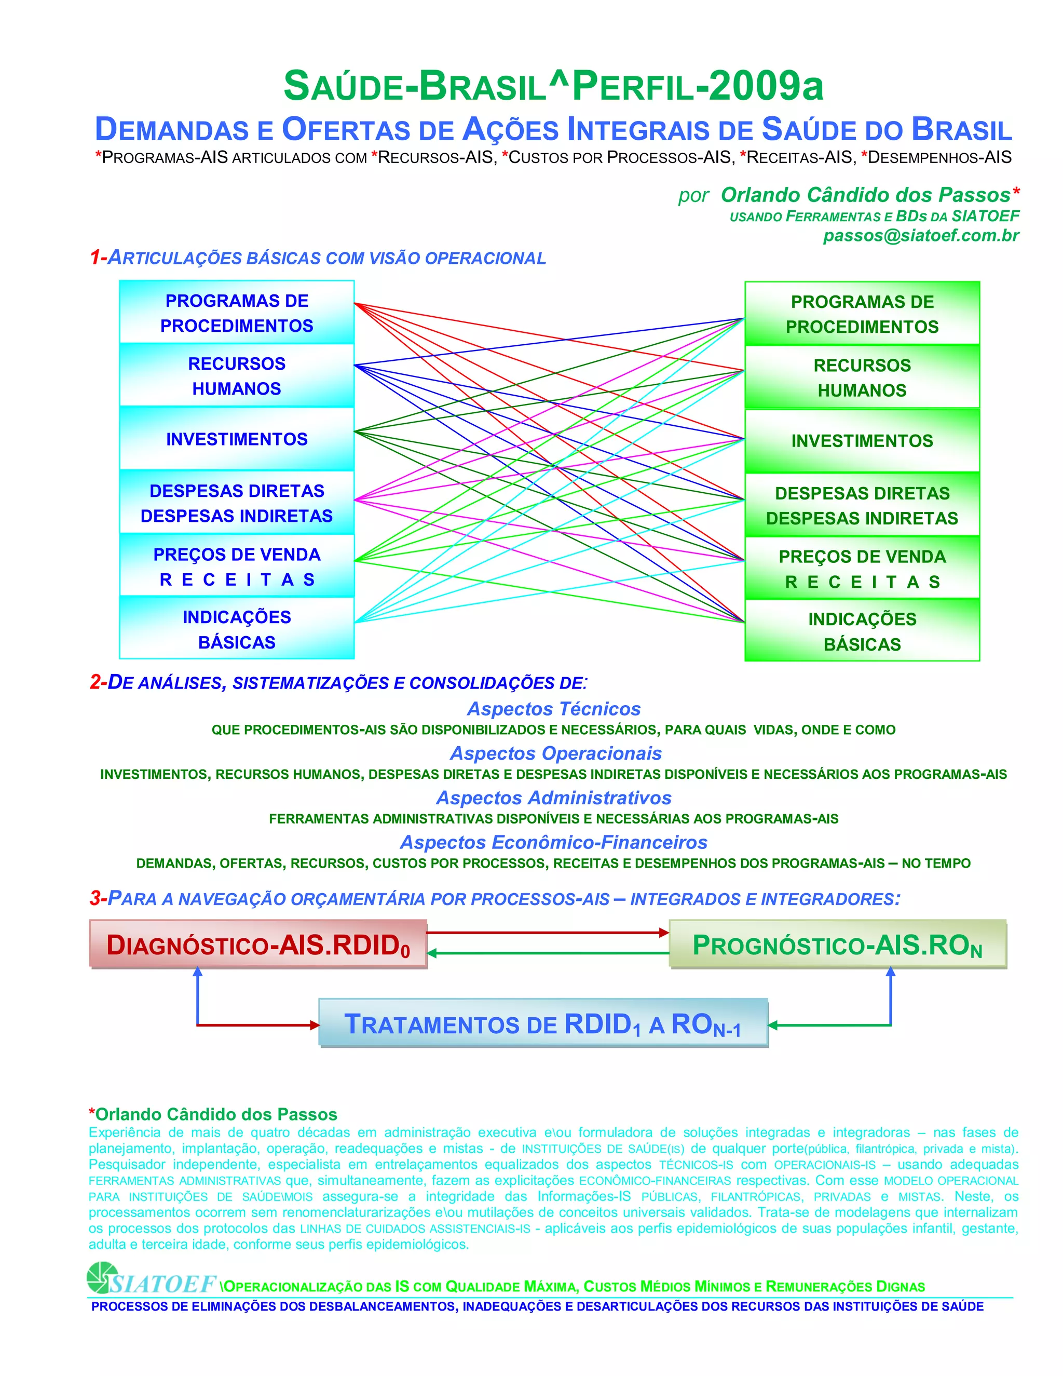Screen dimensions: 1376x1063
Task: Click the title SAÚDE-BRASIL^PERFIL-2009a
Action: [553, 86]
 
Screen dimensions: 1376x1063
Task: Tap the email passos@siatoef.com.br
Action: [921, 236]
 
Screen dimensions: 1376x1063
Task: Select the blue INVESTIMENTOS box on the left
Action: [237, 439]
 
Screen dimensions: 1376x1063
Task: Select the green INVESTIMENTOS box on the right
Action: [862, 440]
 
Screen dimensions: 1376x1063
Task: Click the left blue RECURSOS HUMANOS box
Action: [237, 375]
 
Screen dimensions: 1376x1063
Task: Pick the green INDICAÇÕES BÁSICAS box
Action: [862, 631]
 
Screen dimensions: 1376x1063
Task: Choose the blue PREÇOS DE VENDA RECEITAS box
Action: [237, 566]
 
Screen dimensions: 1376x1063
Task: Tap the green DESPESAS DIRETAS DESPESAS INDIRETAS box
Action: [862, 505]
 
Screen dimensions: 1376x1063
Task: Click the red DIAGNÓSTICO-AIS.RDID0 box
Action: [258, 945]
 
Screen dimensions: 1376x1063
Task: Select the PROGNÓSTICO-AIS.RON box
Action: [838, 945]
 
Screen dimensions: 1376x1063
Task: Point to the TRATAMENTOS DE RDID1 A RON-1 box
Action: [543, 1024]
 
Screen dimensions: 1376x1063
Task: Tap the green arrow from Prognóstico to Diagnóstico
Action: [548, 953]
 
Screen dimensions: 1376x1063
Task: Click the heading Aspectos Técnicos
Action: [553, 709]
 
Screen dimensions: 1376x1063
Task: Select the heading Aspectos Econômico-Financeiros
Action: [553, 842]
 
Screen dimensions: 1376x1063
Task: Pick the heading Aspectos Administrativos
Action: [553, 798]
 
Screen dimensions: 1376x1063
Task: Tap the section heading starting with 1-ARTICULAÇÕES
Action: [318, 258]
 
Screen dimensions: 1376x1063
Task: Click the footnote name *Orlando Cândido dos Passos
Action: [213, 1114]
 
